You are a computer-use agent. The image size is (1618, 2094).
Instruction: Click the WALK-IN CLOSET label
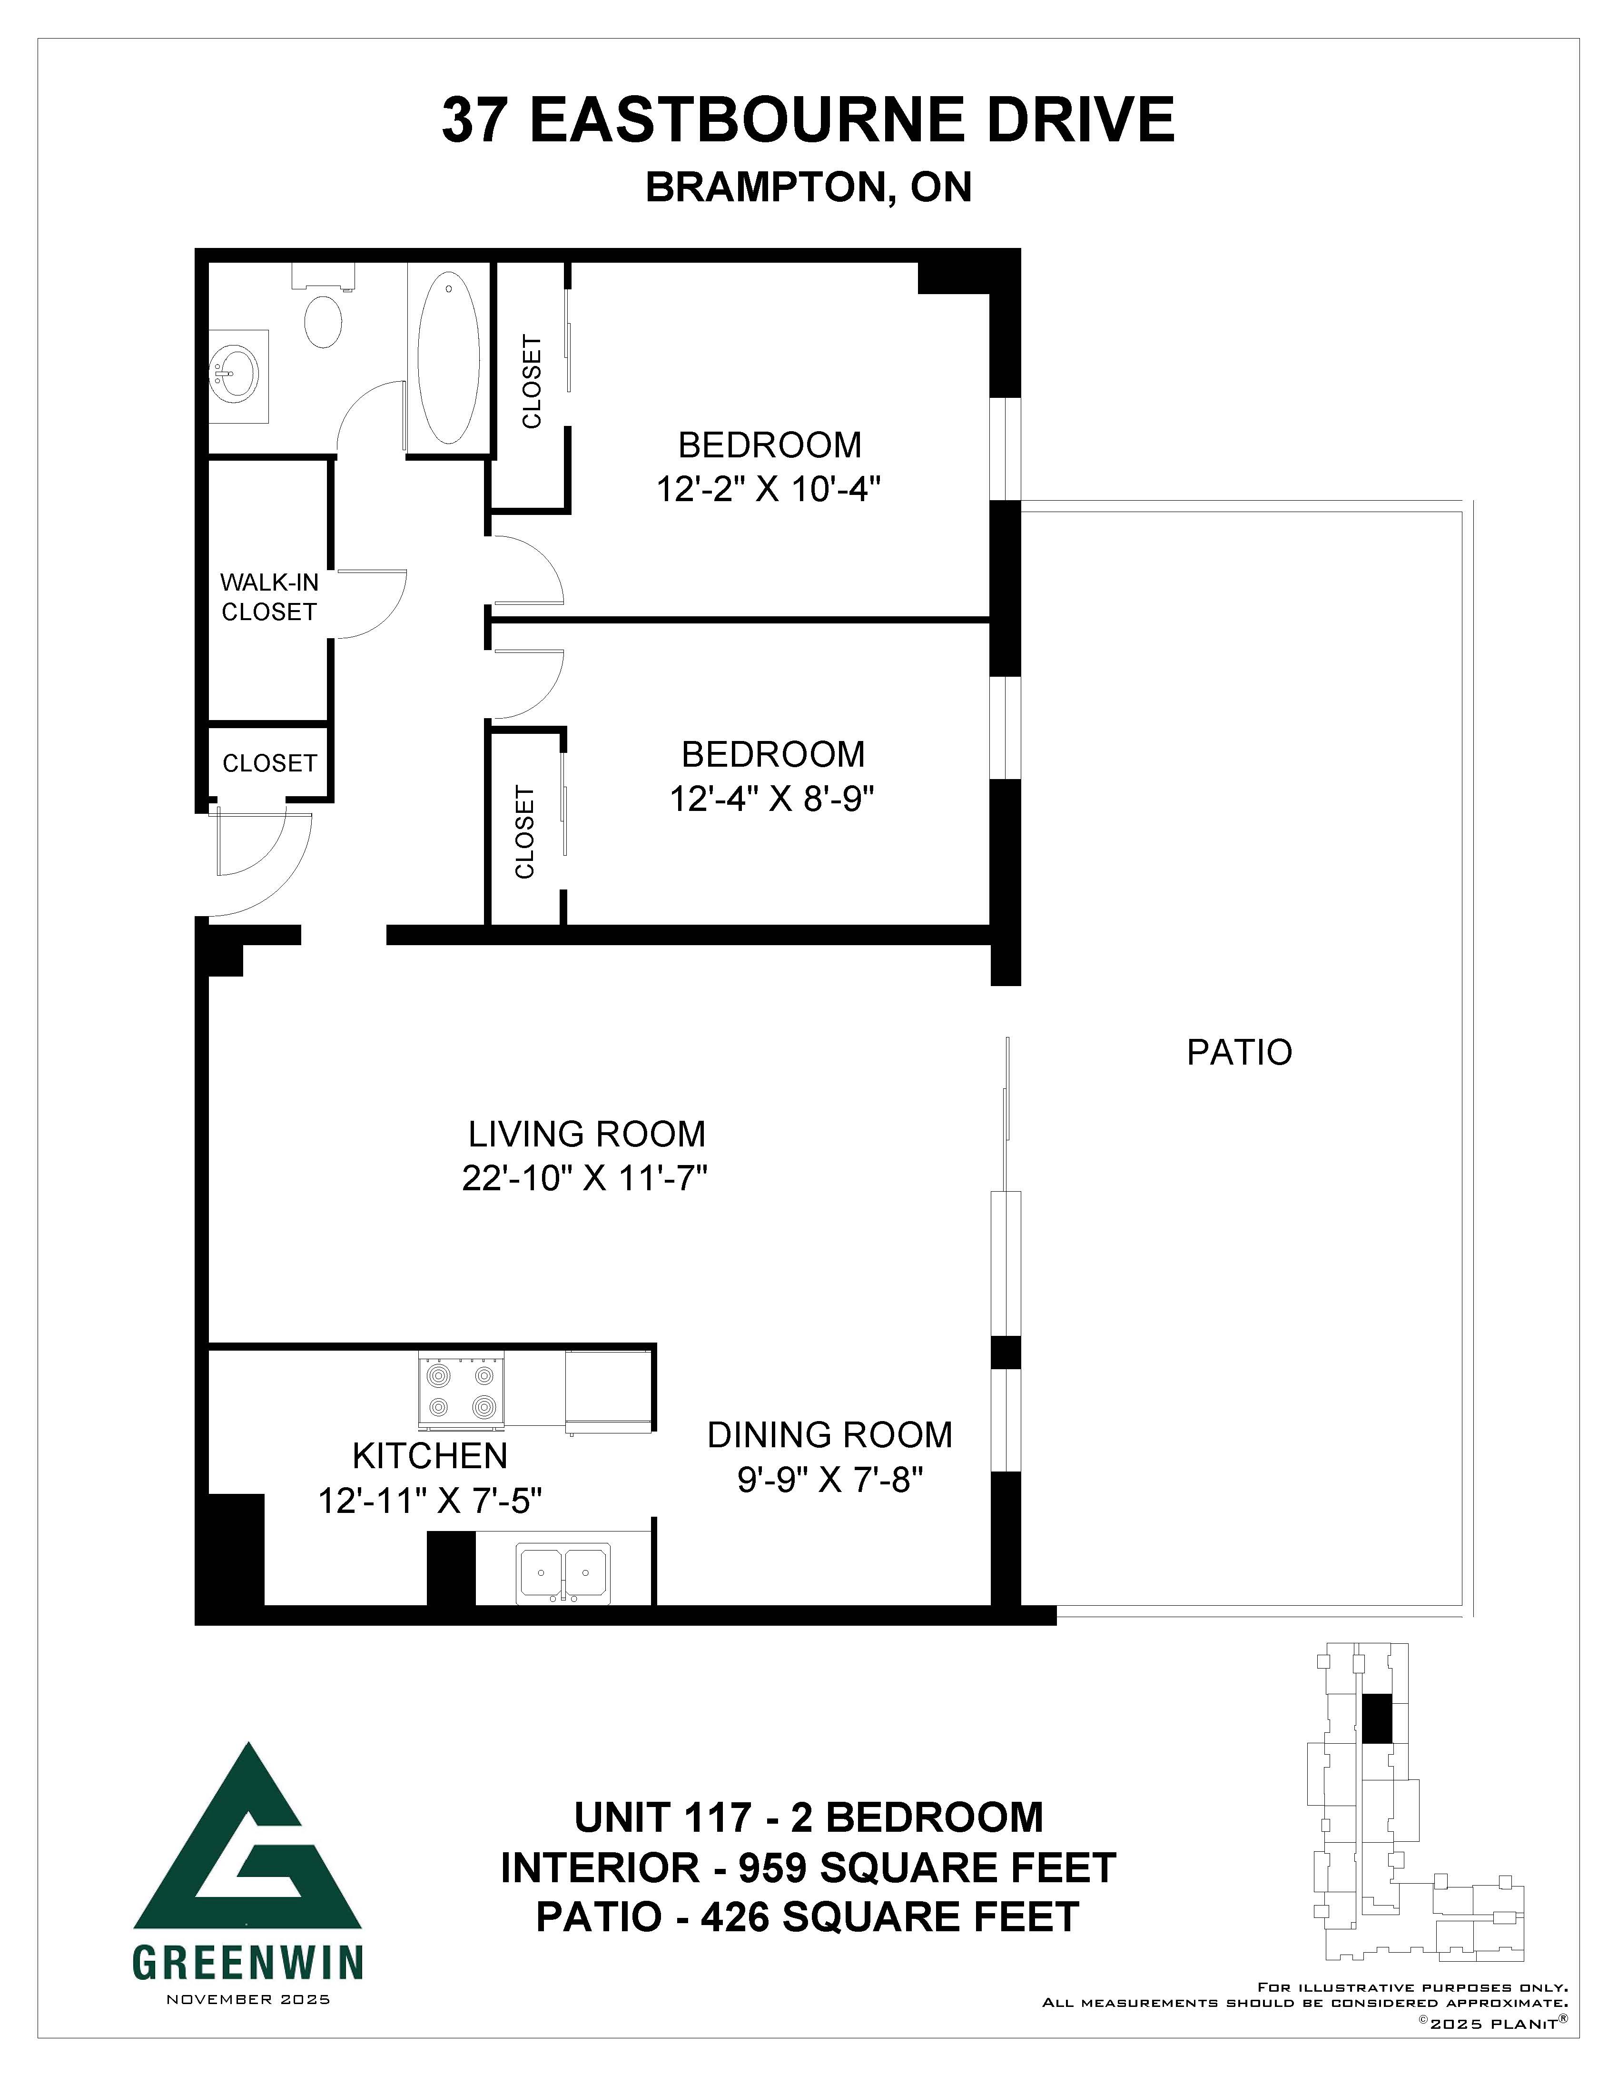[x=268, y=596]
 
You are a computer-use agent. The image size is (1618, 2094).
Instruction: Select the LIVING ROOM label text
[x=587, y=1134]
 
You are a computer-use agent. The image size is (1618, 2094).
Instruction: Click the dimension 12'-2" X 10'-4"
[x=769, y=490]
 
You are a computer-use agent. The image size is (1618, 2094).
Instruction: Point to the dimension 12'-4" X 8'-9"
[x=772, y=798]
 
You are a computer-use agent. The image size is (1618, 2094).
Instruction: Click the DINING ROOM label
[x=830, y=1435]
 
